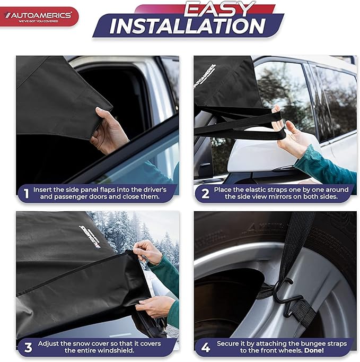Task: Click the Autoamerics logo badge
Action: tap(39, 16)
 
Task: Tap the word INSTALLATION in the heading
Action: tap(188, 27)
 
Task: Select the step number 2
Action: tap(204, 193)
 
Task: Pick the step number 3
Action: tap(26, 348)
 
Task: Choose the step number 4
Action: tap(204, 348)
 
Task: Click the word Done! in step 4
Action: tap(328, 351)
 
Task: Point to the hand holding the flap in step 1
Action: tap(109, 130)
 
